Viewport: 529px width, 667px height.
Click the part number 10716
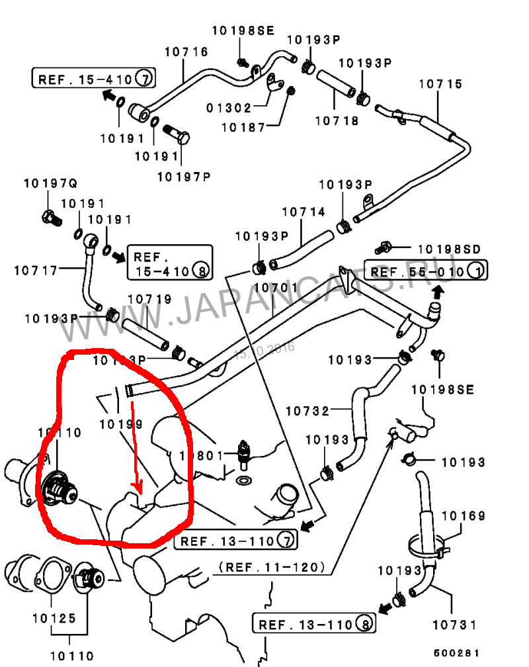tap(186, 52)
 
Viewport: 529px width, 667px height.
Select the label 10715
tap(440, 85)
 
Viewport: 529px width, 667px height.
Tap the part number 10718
tap(337, 120)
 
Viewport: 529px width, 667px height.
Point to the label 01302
tap(228, 107)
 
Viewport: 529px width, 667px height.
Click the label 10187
tap(243, 126)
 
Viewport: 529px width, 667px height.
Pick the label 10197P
tap(184, 176)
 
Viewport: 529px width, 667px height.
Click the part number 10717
tap(36, 269)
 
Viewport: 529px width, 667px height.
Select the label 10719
tap(149, 300)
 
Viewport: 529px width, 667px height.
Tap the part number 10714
tap(304, 212)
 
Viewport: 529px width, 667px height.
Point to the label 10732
tap(307, 410)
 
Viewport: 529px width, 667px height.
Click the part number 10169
tap(463, 515)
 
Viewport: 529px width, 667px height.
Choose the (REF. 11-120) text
tap(271, 567)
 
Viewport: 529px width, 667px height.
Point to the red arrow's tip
tap(138, 493)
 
